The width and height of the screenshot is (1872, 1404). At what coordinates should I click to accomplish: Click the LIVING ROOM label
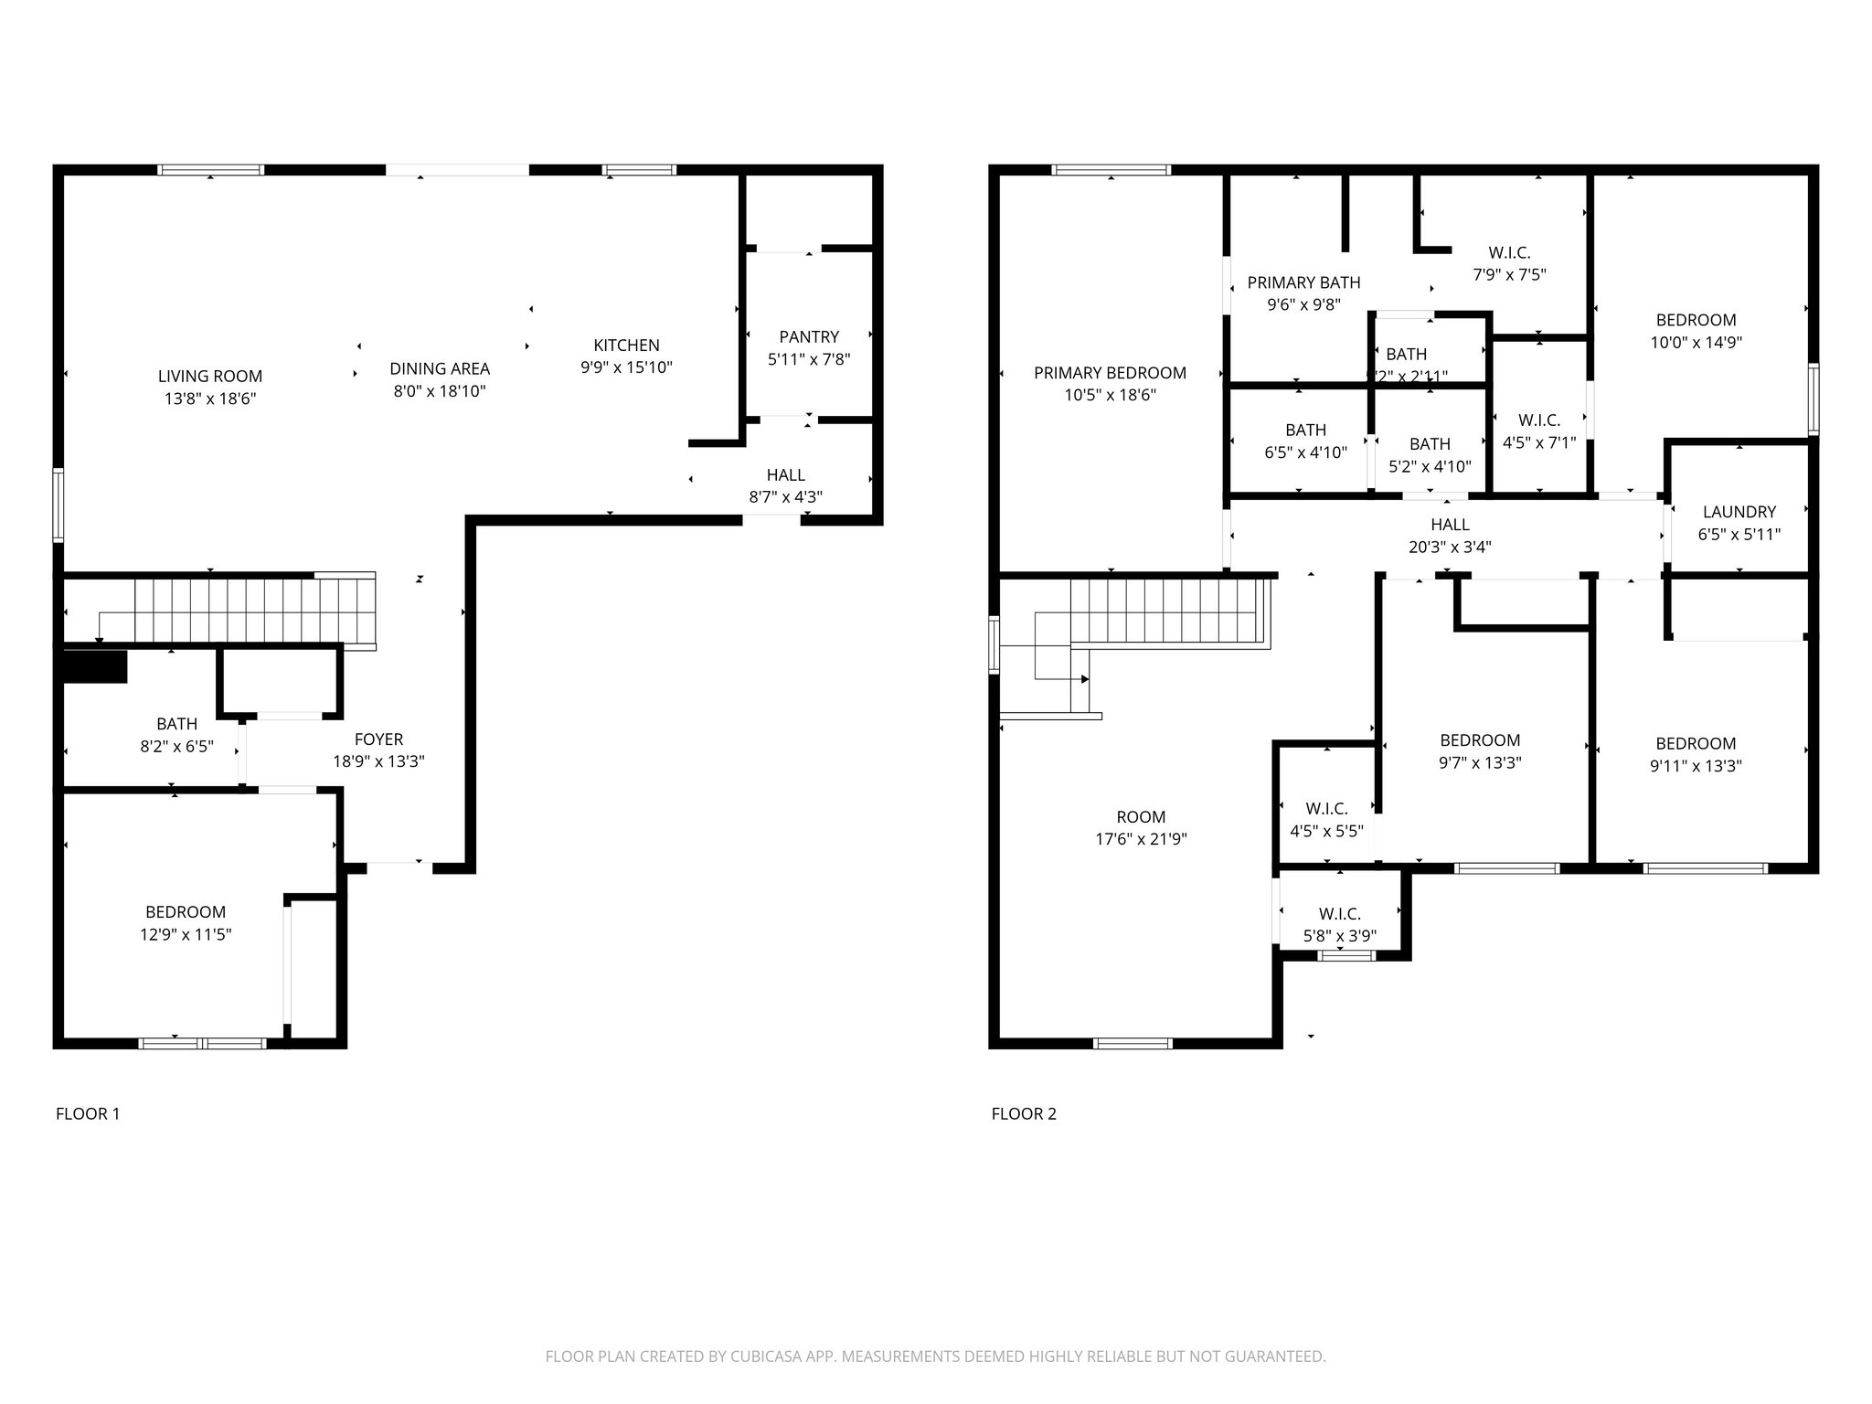[x=209, y=376]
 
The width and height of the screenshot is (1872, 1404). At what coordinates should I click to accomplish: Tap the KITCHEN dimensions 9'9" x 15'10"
[x=626, y=367]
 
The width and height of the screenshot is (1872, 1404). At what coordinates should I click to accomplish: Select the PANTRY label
[x=808, y=336]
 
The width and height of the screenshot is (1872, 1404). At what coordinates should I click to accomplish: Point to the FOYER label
[x=378, y=739]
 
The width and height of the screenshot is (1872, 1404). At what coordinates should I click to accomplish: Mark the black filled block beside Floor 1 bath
[x=93, y=666]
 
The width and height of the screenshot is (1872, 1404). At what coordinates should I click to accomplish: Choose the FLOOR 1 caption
[x=88, y=1113]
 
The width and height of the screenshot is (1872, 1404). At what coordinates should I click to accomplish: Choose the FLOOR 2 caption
[x=1024, y=1113]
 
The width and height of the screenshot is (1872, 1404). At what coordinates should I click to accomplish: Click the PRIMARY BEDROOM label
[x=1110, y=372]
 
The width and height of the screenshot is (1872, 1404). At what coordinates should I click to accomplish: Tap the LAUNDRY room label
[x=1739, y=512]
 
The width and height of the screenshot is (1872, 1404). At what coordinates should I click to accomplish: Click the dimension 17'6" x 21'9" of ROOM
[x=1141, y=839]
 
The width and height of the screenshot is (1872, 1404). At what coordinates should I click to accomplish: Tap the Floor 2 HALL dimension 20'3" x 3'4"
[x=1450, y=548]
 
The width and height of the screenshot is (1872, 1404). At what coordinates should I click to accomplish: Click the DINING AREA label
[x=440, y=368]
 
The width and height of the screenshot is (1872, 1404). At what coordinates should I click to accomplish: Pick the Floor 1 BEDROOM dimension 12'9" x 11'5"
[x=186, y=934]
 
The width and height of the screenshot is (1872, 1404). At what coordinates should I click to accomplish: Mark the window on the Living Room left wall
[x=58, y=505]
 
